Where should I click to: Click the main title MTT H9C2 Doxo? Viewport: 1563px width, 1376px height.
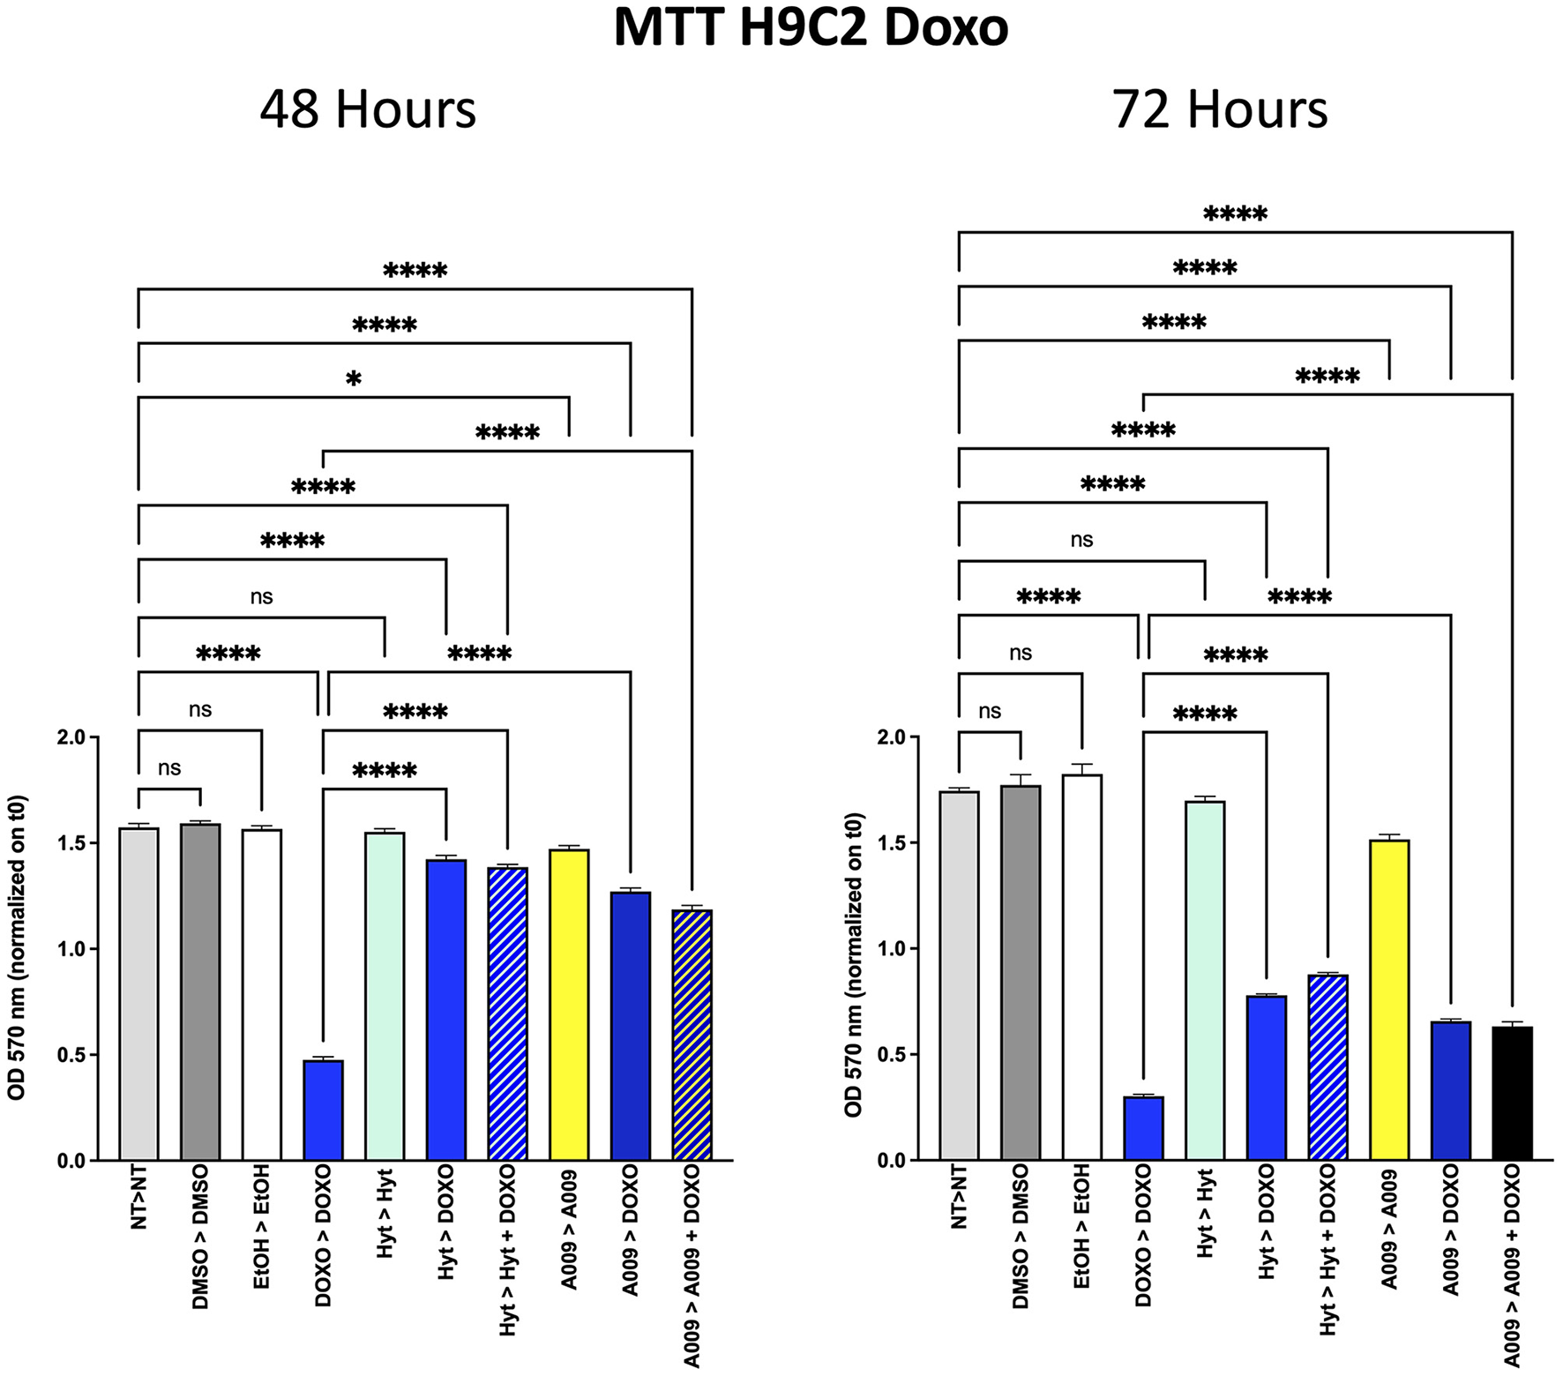811,30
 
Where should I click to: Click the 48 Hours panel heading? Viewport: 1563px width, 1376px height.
368,109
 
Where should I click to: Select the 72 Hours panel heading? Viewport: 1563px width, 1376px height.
1220,109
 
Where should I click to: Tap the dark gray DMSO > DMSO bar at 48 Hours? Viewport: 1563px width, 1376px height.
200,991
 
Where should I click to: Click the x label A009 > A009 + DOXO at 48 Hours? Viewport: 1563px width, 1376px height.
692,1265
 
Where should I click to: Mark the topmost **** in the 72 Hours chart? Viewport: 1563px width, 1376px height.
1235,214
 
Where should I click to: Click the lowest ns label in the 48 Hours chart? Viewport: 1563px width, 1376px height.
169,768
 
